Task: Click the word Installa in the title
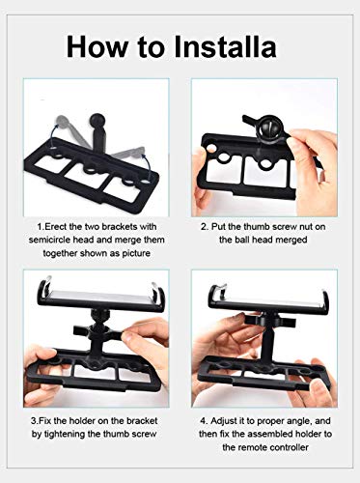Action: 225,47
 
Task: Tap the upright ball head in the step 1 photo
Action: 97,120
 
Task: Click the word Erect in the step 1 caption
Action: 54,227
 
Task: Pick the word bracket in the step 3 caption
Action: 142,420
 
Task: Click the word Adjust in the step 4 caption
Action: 223,421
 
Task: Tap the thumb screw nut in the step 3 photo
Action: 97,332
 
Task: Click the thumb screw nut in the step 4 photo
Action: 269,320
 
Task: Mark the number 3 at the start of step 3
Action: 34,420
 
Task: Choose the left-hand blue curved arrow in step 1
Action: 53,136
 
